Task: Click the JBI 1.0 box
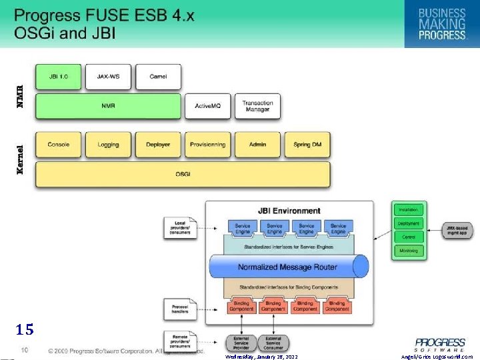58,77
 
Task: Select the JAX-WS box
108,77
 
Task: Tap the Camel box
158,77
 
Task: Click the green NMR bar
108,106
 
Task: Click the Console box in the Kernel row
58,145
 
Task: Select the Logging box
108,145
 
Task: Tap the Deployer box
158,145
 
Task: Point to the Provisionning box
207,145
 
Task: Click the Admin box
257,145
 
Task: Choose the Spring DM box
307,145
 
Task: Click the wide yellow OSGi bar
183,174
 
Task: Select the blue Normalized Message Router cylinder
288,267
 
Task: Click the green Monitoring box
408,251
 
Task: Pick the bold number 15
25,329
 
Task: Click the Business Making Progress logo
441,23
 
